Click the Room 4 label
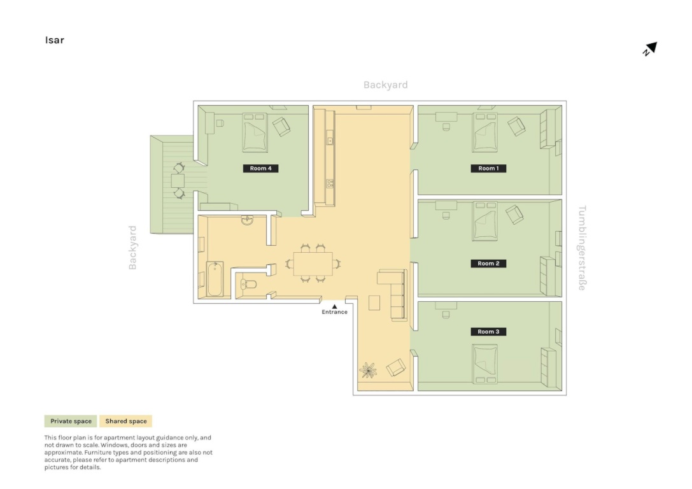pos(260,168)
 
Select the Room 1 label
pos(488,168)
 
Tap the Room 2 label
pos(488,264)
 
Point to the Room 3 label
pos(488,332)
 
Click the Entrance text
pos(334,312)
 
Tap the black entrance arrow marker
pos(334,306)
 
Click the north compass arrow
pos(650,48)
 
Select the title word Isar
pos(55,40)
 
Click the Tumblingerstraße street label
pos(582,248)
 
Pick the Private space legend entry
pos(71,421)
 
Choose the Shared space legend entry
pos(126,421)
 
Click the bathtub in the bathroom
pos(215,279)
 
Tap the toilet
pos(248,284)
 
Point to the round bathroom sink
pos(248,220)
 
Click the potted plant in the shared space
pos(368,371)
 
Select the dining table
pos(313,264)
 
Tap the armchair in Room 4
pos(281,127)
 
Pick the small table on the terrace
pos(178,181)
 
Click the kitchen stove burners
pos(330,183)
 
